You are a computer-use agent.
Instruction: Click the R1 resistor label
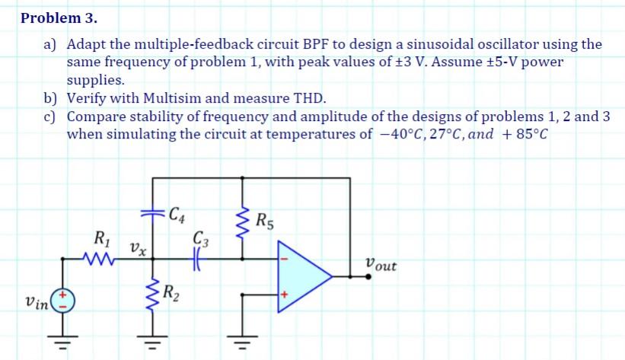click(x=100, y=237)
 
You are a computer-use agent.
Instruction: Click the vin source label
click(x=35, y=302)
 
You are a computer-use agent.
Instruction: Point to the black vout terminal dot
click(x=368, y=275)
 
